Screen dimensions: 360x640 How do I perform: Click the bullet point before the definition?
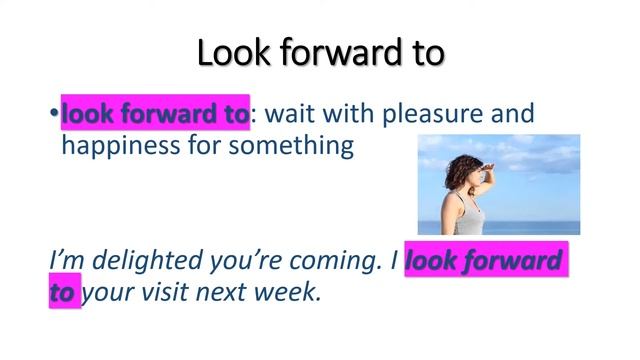click(55, 115)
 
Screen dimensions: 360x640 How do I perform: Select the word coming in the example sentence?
click(334, 261)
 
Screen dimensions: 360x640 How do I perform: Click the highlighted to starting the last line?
click(63, 294)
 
